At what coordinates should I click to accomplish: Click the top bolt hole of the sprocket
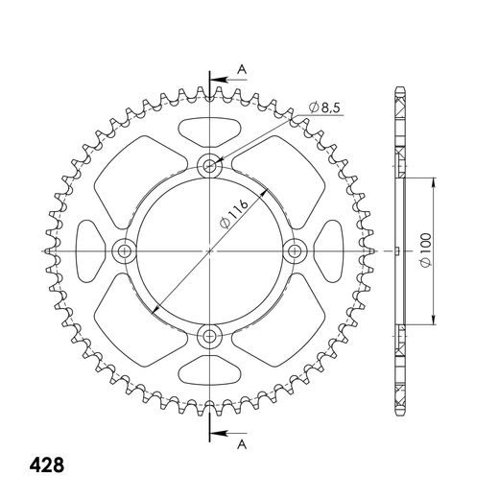pos(209,166)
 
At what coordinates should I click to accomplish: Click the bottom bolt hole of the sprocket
pos(209,336)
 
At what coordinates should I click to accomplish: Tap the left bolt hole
pos(124,251)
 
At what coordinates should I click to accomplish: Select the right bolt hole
pos(295,251)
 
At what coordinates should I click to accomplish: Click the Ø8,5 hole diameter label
pos(326,108)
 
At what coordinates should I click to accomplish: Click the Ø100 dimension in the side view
pos(423,252)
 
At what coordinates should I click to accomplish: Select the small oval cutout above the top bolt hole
pos(209,131)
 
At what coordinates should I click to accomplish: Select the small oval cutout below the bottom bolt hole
pos(209,373)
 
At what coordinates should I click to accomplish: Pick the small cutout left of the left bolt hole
pos(88,251)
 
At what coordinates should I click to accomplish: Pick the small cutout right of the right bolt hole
pos(331,251)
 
